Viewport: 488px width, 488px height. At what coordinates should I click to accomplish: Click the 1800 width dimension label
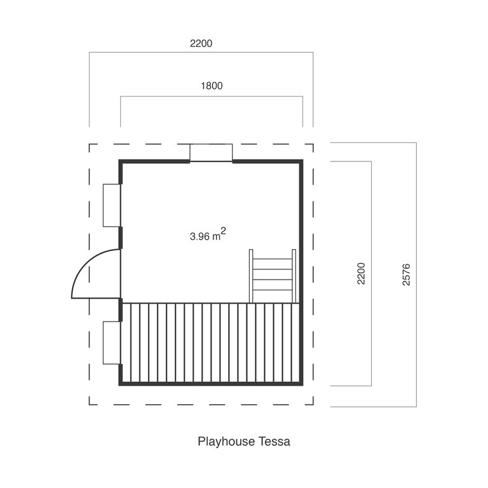tap(212, 86)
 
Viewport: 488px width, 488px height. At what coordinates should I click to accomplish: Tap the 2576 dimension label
tap(406, 274)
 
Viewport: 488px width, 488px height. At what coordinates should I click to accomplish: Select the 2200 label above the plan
tap(201, 43)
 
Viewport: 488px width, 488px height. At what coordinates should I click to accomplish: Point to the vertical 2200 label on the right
tap(361, 274)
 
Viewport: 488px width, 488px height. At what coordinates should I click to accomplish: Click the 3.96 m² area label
tap(208, 234)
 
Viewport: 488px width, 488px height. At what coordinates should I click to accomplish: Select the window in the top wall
tap(211, 152)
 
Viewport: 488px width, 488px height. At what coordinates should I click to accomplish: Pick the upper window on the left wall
tap(112, 205)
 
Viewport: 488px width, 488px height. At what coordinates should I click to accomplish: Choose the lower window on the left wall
tap(112, 342)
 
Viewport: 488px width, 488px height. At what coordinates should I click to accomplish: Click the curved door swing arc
tap(86, 261)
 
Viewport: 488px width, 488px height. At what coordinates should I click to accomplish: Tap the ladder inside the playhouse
tap(273, 276)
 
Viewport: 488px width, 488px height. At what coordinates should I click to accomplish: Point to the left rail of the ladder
tap(251, 276)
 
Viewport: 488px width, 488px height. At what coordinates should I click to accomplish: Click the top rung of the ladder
tap(273, 259)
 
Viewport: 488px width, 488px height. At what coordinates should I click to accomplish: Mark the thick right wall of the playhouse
tap(301, 273)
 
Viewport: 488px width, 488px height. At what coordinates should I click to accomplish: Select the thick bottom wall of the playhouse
tap(211, 384)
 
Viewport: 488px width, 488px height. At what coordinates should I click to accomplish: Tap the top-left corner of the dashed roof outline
tap(90, 144)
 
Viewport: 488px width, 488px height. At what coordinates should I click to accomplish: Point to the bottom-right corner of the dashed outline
tap(313, 405)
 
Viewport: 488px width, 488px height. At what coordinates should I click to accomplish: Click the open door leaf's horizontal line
tap(96, 298)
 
